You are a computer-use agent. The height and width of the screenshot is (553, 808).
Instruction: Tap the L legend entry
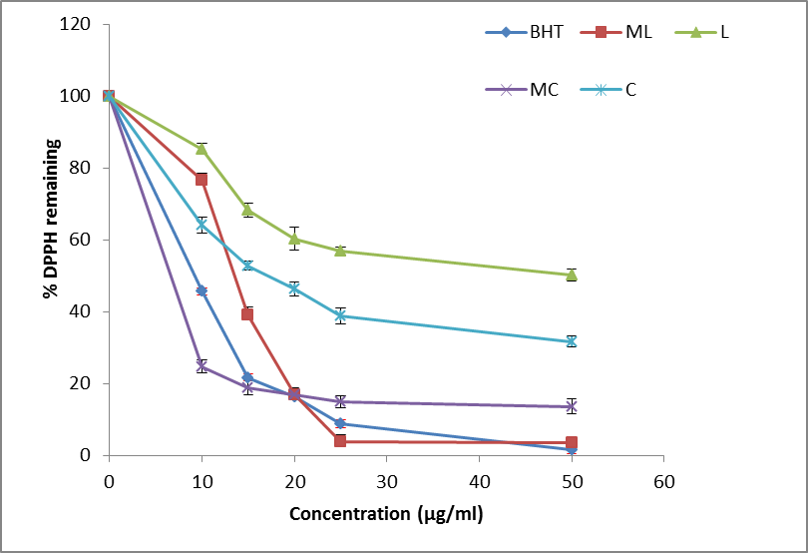click(x=709, y=32)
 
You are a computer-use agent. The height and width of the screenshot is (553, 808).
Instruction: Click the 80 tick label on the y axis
click(x=83, y=168)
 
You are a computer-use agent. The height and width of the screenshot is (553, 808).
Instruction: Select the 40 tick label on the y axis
click(x=83, y=311)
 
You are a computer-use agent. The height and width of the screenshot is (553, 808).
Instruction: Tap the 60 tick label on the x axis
click(x=663, y=481)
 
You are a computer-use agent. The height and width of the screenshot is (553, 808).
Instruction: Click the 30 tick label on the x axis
click(x=386, y=481)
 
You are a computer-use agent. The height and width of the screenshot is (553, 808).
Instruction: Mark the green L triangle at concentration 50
click(x=572, y=275)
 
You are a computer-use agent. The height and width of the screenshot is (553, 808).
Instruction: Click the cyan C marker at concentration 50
click(x=572, y=341)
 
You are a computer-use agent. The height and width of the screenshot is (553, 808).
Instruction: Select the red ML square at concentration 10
click(x=202, y=179)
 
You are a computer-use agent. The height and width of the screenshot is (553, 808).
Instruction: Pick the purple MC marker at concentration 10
click(x=202, y=366)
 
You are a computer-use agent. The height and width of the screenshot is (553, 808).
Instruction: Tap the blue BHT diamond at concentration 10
click(x=202, y=290)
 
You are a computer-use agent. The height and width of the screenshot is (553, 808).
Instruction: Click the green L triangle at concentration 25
click(x=340, y=251)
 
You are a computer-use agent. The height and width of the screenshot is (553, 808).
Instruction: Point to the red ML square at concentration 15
click(x=247, y=314)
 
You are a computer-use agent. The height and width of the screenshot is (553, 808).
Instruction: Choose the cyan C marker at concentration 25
click(x=340, y=315)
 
